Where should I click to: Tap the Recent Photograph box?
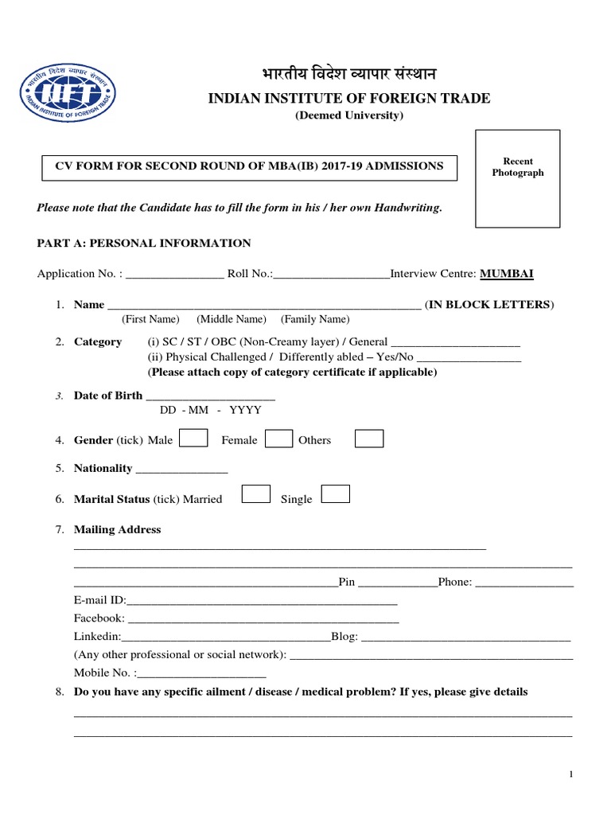[517, 181]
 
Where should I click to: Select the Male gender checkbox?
[195, 439]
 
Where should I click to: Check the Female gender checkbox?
[278, 439]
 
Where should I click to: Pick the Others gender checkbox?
[368, 439]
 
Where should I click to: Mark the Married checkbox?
[255, 494]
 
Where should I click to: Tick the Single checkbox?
[336, 494]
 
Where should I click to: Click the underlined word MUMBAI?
[507, 274]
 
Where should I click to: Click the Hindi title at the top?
[348, 75]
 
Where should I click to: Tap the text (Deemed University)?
[349, 116]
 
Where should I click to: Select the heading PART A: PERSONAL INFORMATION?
[144, 244]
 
